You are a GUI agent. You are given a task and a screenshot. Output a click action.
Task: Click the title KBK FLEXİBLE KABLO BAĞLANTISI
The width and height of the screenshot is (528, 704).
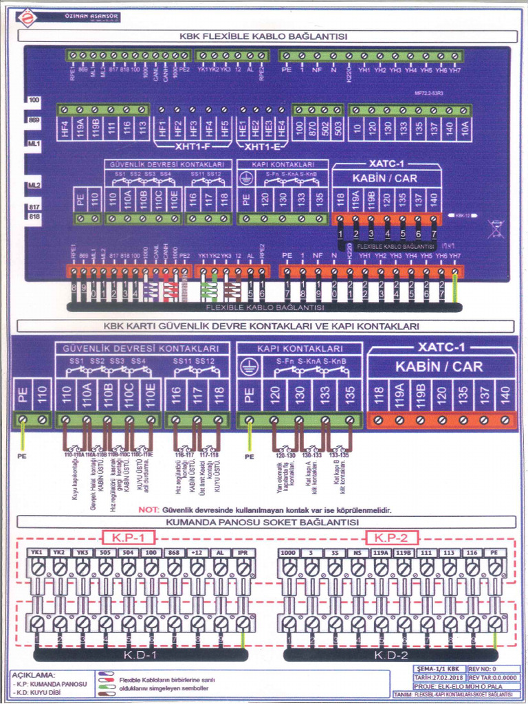[x=264, y=36]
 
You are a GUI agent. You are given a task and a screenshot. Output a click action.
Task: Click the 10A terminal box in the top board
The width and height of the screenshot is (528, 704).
[x=464, y=129]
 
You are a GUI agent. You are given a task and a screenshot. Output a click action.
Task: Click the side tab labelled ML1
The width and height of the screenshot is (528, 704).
[x=34, y=145]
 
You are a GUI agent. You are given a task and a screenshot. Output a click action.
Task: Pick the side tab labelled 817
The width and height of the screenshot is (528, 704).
[x=34, y=207]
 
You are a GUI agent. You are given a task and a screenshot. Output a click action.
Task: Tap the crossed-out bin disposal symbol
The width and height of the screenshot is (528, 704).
[x=494, y=227]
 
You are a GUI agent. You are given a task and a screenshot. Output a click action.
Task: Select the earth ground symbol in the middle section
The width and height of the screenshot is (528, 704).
[x=250, y=366]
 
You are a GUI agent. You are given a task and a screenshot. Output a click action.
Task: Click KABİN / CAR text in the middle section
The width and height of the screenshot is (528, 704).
[x=442, y=366]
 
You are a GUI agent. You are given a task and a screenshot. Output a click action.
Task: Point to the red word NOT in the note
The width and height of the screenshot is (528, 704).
[x=148, y=510]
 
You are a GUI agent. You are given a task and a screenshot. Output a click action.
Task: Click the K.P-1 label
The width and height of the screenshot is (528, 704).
[x=129, y=537]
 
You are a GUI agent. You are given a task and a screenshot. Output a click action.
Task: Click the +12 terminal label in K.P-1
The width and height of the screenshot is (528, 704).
[x=197, y=553]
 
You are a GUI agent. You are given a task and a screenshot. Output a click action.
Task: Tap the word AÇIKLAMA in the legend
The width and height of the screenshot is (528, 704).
[x=33, y=674]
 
